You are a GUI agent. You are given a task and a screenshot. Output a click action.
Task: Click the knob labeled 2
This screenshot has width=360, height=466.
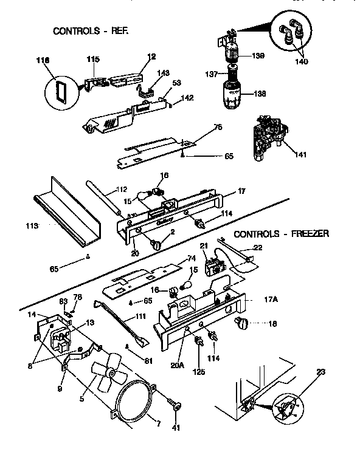pyautogui.click(x=157, y=244)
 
